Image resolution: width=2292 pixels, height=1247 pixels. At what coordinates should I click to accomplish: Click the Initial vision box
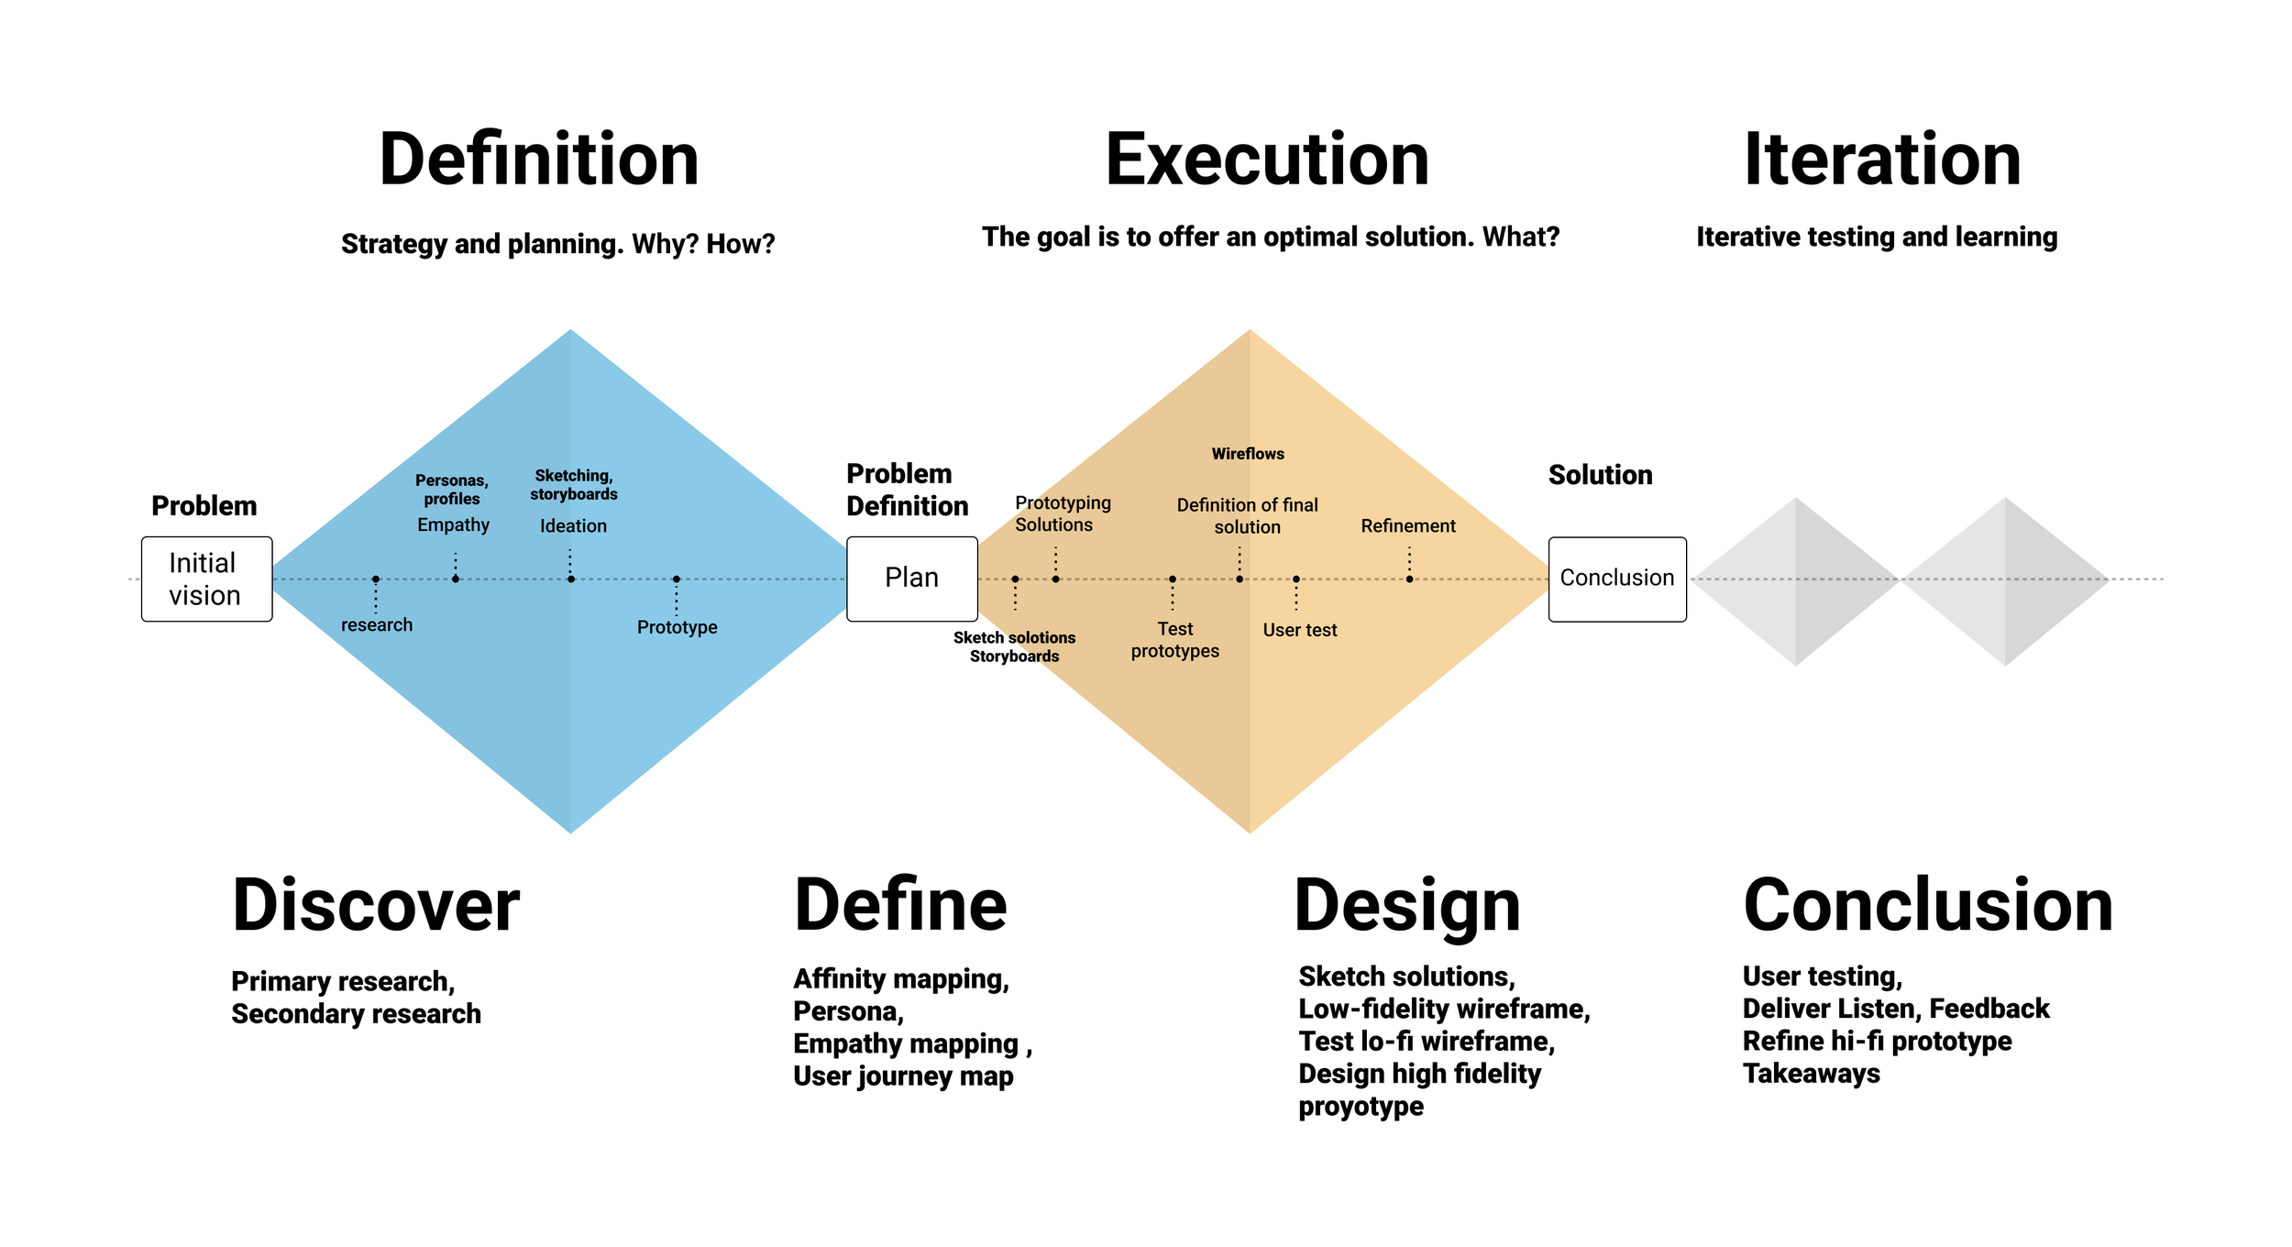(x=206, y=579)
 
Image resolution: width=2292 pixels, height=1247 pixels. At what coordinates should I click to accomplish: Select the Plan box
(x=911, y=579)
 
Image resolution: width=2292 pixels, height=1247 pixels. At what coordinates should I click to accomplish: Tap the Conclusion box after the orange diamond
(x=1616, y=579)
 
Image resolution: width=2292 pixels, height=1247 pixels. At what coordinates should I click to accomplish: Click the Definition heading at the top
(x=539, y=160)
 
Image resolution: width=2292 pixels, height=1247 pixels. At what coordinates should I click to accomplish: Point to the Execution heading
(x=1267, y=160)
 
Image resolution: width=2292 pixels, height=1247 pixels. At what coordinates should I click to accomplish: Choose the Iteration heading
(x=1881, y=160)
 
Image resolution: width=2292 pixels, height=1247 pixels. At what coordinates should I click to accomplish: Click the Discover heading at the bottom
(x=376, y=905)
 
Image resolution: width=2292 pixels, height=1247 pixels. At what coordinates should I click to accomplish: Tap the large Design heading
(x=1407, y=905)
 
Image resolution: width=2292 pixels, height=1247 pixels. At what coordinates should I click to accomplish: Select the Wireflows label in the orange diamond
(x=1248, y=454)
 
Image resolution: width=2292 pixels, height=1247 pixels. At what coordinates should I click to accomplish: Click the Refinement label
(x=1407, y=525)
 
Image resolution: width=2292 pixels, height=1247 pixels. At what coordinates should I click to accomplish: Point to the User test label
(x=1299, y=630)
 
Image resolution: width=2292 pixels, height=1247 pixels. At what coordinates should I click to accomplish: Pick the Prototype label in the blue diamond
(x=677, y=627)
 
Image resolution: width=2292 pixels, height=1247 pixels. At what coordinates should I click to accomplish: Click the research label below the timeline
(x=377, y=624)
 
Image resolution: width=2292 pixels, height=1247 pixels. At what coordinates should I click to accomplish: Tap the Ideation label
(x=573, y=525)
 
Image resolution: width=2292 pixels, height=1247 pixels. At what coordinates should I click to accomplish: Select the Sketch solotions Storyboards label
(x=1014, y=646)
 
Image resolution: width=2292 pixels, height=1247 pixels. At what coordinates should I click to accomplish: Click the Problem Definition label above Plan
(x=907, y=490)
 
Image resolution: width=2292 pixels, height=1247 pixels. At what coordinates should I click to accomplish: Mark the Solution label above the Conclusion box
(x=1600, y=475)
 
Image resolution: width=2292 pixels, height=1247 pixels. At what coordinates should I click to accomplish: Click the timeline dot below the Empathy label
(x=456, y=579)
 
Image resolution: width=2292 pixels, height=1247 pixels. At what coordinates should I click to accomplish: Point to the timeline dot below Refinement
(x=1409, y=579)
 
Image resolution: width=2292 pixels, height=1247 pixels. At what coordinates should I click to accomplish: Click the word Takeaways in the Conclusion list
(x=1811, y=1073)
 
